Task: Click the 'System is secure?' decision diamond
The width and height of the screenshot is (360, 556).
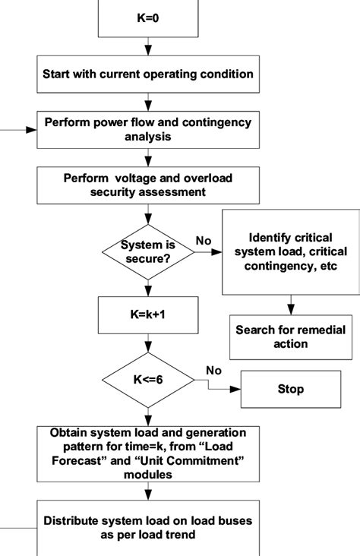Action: tap(149, 251)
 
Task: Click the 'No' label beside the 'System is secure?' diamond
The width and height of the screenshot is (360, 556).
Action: tap(204, 240)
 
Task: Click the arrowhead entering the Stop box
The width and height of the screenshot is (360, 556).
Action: tap(237, 389)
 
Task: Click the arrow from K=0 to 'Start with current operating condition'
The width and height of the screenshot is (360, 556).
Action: tap(148, 47)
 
